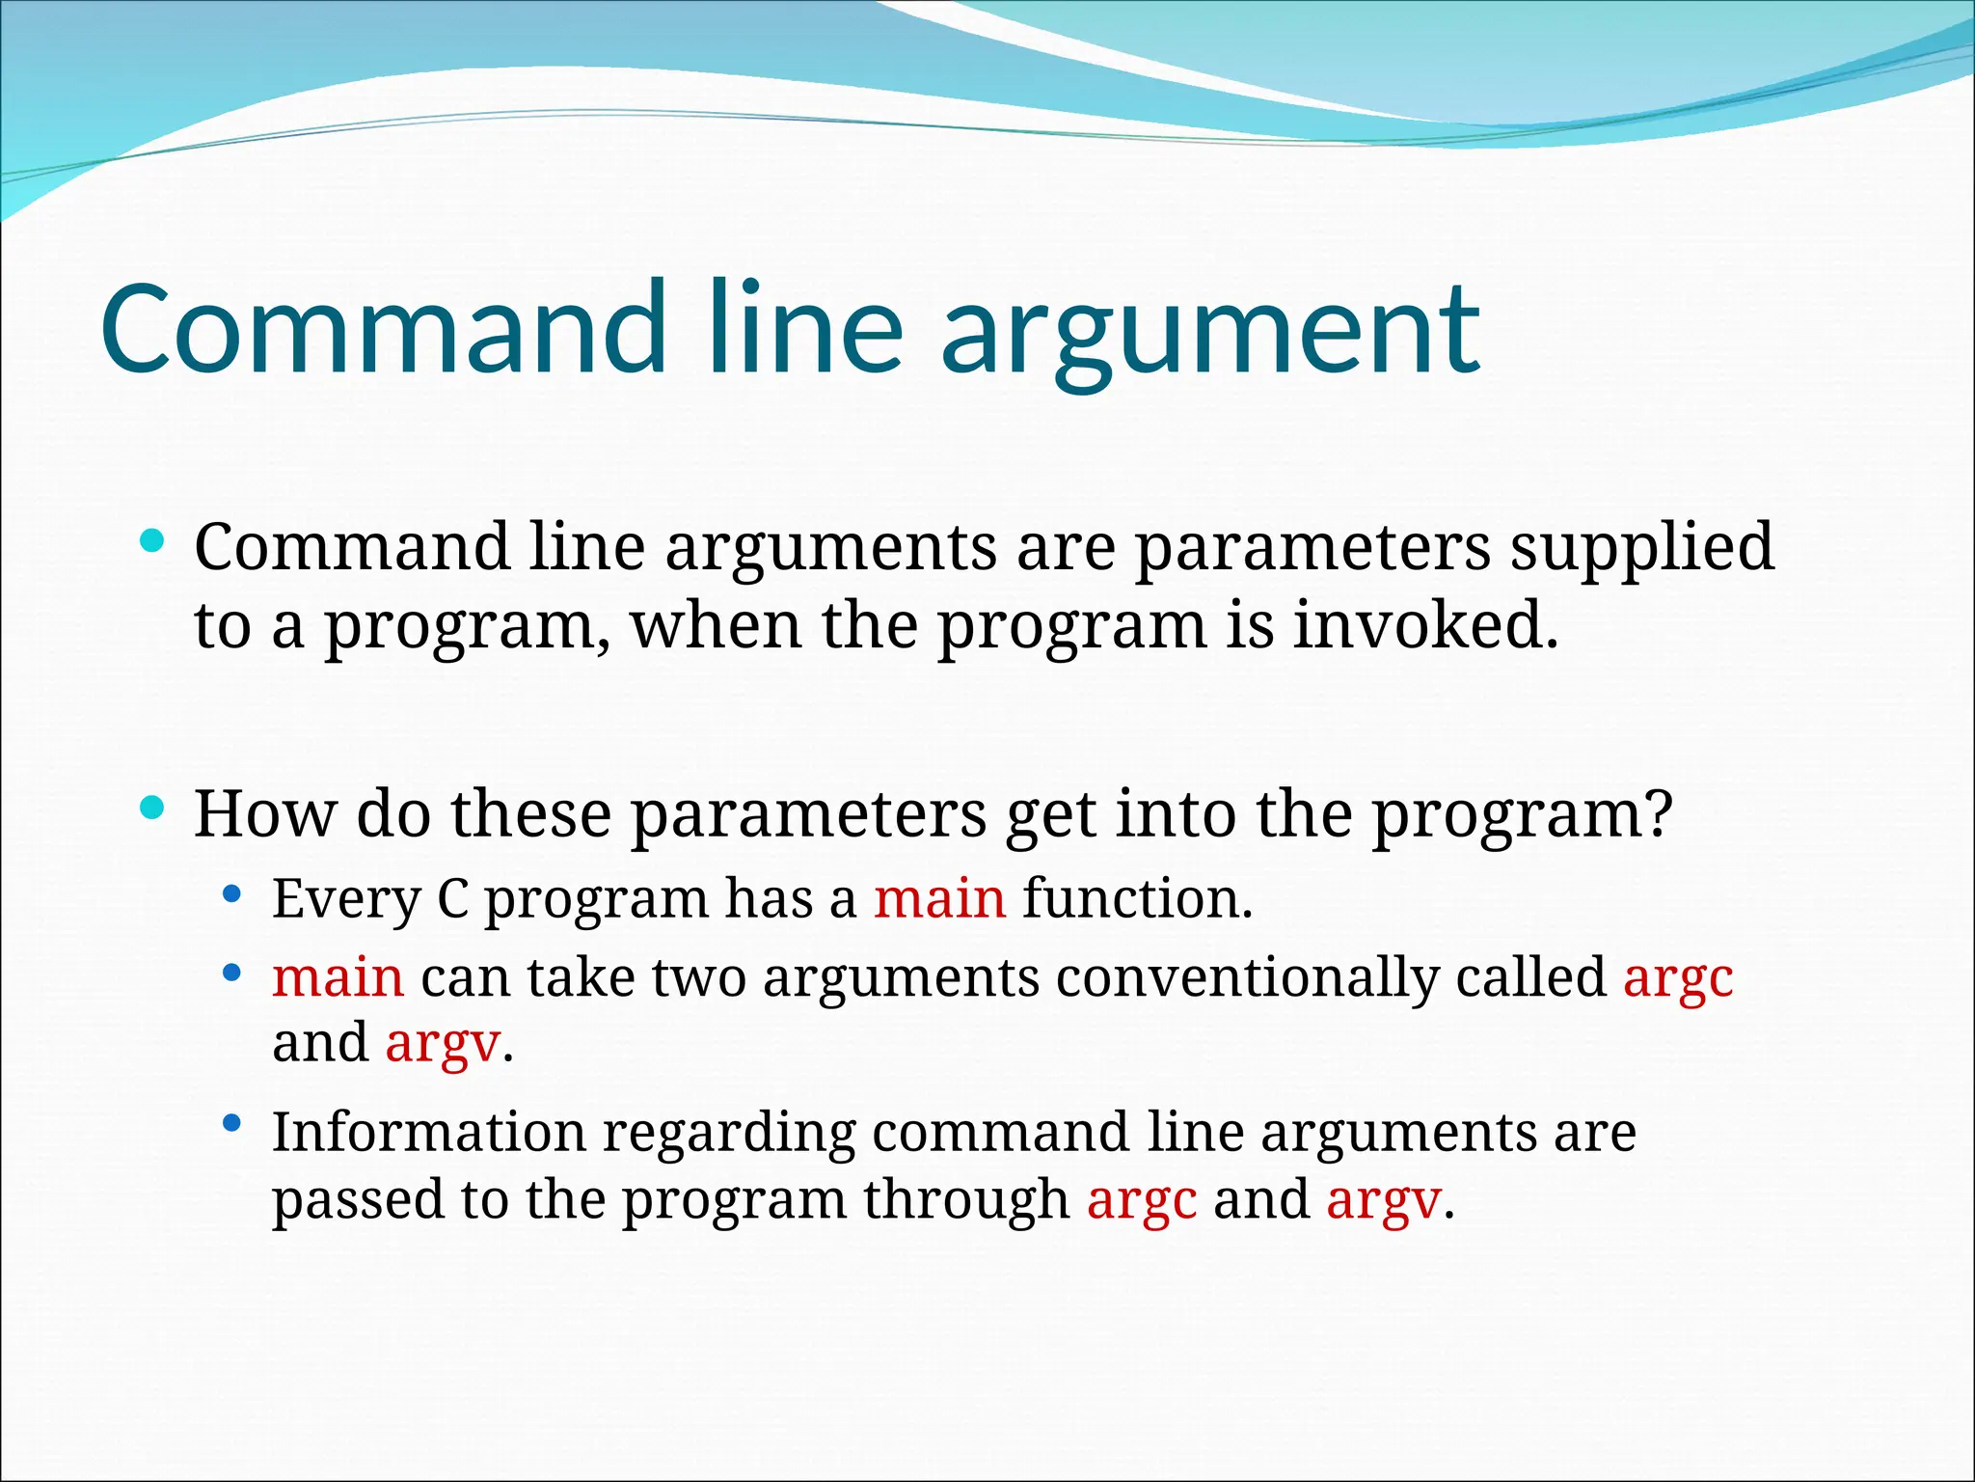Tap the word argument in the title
click(1209, 333)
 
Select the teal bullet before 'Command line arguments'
click(152, 539)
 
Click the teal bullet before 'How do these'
click(152, 807)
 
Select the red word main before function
click(939, 899)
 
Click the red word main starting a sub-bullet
click(338, 977)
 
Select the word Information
click(428, 1132)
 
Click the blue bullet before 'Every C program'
click(230, 893)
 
